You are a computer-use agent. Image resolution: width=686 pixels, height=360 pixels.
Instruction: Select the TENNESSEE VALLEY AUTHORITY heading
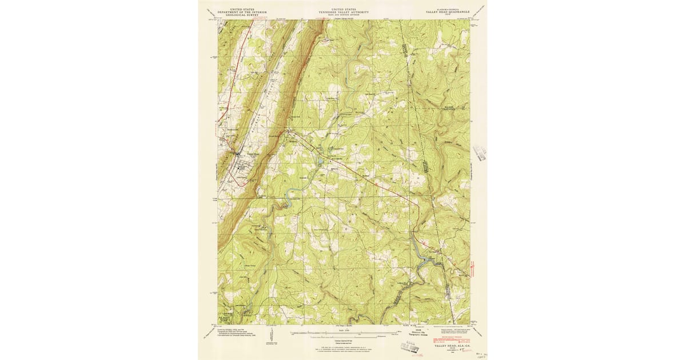pyautogui.click(x=344, y=13)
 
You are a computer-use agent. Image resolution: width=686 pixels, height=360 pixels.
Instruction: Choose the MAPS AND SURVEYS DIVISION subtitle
pyautogui.click(x=344, y=15)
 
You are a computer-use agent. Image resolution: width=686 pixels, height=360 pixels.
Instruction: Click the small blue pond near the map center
pyautogui.click(x=321, y=162)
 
